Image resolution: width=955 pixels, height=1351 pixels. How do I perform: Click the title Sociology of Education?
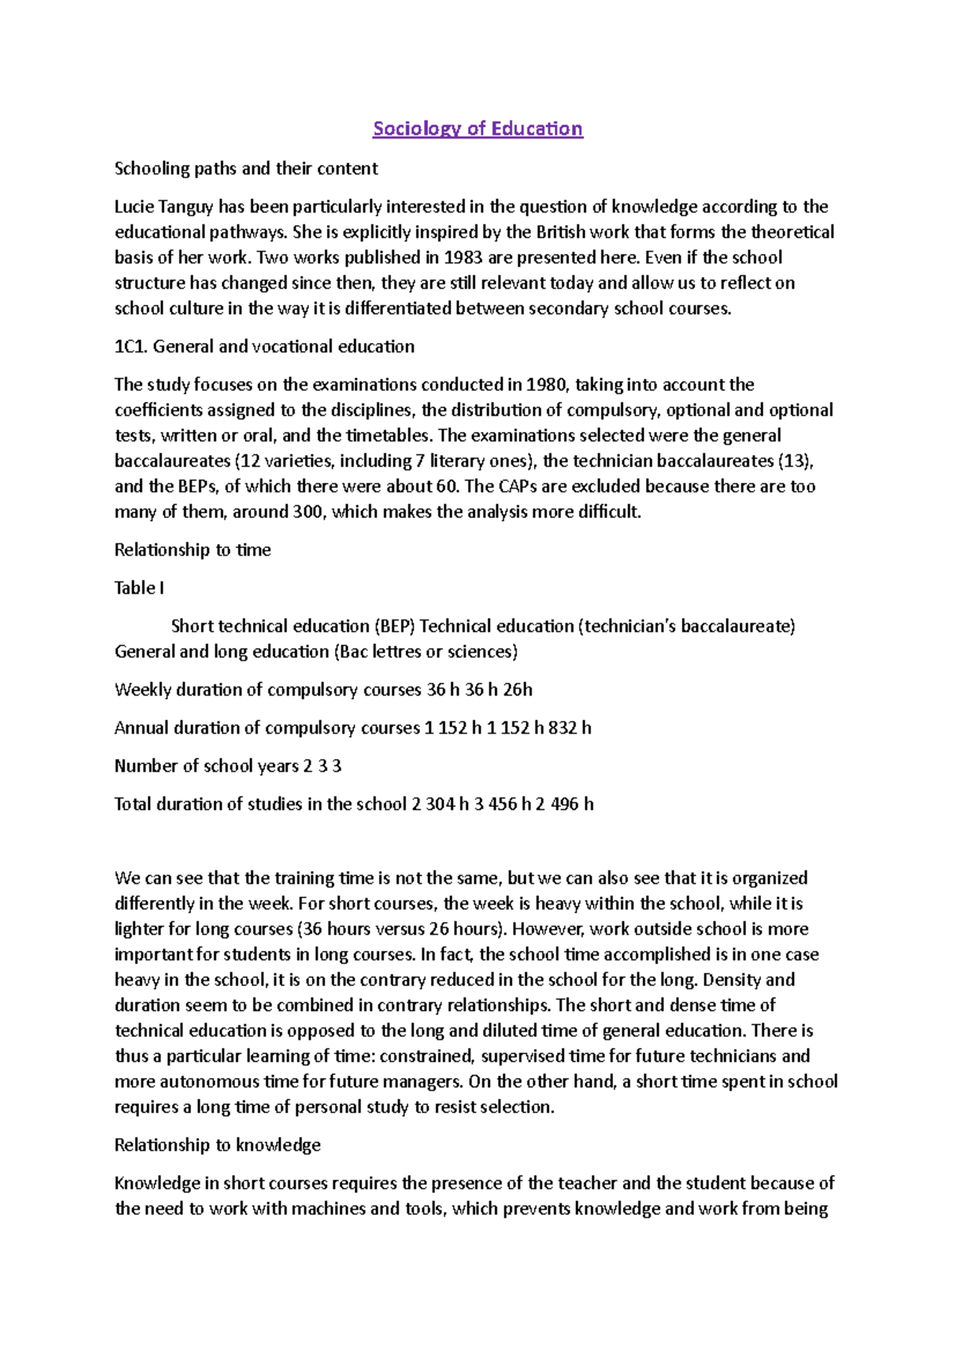tap(477, 129)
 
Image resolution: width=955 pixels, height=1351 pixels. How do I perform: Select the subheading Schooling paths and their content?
tap(246, 169)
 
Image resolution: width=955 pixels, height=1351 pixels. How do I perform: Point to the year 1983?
tap(462, 258)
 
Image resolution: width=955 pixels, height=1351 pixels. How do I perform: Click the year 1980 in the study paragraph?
tap(547, 385)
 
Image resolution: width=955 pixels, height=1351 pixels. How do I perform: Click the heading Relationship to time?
tap(193, 551)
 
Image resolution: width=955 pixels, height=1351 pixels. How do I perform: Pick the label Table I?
tap(139, 589)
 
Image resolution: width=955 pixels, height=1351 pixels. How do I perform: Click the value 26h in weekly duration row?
tap(517, 690)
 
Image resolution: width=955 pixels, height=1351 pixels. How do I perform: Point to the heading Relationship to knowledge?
tap(217, 1145)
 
